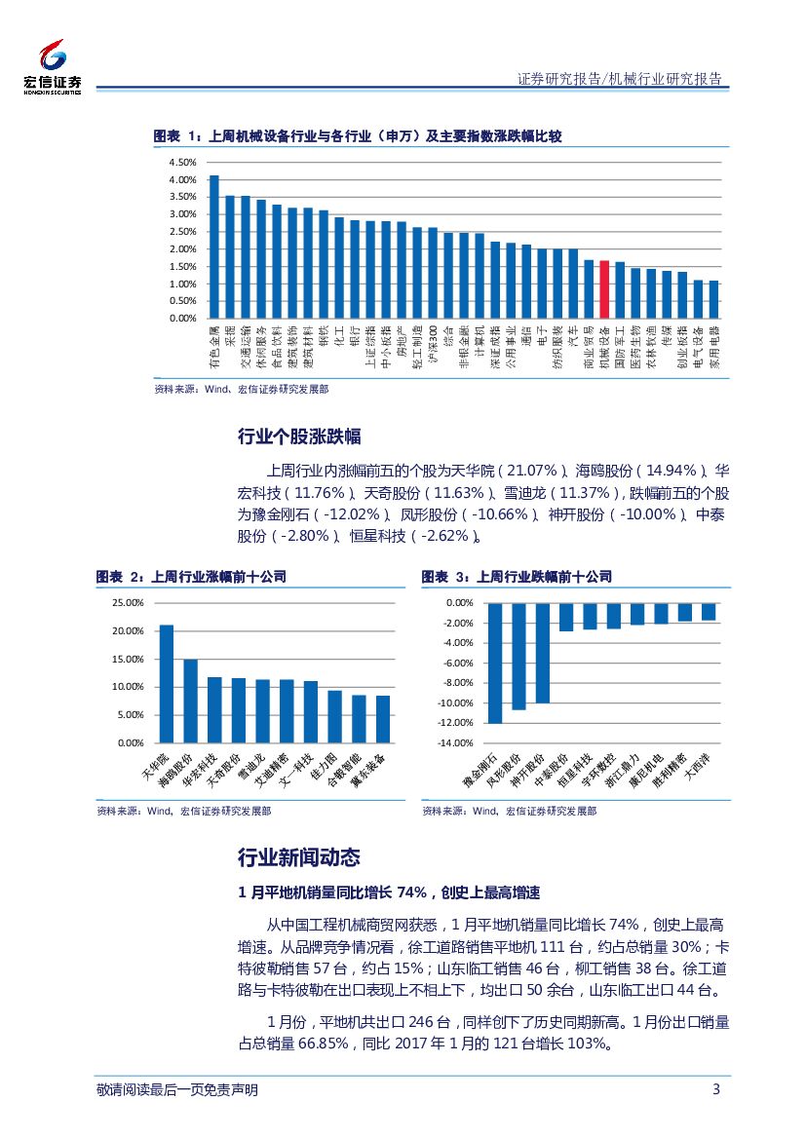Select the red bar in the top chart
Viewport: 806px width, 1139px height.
pos(604,288)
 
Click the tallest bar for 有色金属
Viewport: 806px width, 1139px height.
pos(214,247)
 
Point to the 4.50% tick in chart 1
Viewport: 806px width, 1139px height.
pos(182,163)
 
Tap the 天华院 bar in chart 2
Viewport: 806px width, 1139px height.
pos(167,683)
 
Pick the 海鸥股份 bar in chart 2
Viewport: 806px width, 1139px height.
pos(191,701)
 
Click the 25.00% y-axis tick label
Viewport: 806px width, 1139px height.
pos(128,603)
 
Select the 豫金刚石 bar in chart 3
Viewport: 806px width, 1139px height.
pos(495,663)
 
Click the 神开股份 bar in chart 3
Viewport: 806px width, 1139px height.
pos(543,653)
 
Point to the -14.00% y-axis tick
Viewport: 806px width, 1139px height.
pos(454,743)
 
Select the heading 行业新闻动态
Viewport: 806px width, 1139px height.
pos(299,857)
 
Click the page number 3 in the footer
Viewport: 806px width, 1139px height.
pos(716,1089)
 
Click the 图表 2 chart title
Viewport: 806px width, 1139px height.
pos(191,578)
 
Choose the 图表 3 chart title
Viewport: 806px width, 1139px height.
pos(517,578)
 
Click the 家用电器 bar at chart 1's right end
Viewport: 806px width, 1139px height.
pos(713,299)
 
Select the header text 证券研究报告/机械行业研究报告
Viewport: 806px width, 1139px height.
pos(620,79)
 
